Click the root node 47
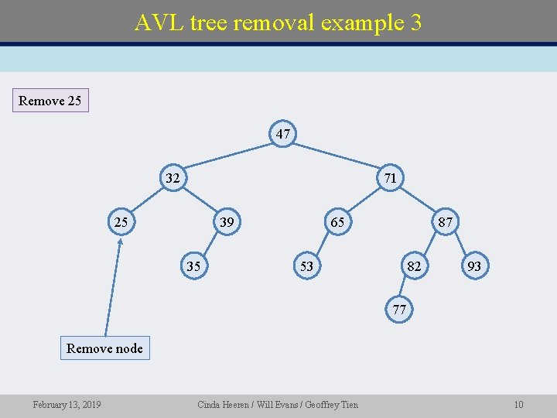pyautogui.click(x=283, y=134)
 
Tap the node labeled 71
pyautogui.click(x=391, y=178)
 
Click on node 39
pyautogui.click(x=227, y=222)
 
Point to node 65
pyautogui.click(x=337, y=222)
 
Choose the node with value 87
pyautogui.click(x=446, y=222)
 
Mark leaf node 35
pyautogui.click(x=193, y=266)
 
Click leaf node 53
pyautogui.click(x=306, y=266)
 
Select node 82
pyautogui.click(x=415, y=266)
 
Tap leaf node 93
pyautogui.click(x=474, y=266)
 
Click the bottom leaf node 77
pyautogui.click(x=398, y=310)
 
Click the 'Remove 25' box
pyautogui.click(x=50, y=101)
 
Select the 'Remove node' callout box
pyautogui.click(x=104, y=348)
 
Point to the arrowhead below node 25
pyautogui.click(x=121, y=242)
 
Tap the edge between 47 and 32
pyautogui.click(x=227, y=156)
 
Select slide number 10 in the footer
pyautogui.click(x=518, y=405)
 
